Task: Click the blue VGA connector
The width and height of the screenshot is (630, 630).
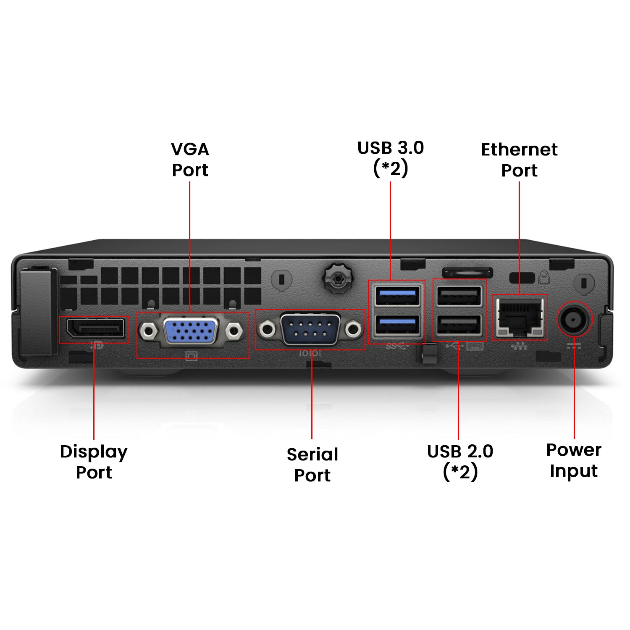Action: (191, 331)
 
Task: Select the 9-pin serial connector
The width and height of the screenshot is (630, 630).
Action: (310, 329)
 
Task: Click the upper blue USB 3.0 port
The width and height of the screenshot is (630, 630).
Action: (397, 296)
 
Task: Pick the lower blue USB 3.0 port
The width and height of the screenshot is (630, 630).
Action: (397, 325)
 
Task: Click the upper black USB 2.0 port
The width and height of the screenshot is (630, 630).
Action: (459, 296)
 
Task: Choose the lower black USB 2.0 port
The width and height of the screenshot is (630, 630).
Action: (459, 325)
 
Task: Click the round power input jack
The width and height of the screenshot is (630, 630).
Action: (574, 319)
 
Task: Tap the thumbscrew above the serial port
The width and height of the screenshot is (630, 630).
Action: (338, 278)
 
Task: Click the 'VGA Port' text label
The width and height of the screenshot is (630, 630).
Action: (190, 160)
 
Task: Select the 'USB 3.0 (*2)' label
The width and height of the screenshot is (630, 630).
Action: (391, 158)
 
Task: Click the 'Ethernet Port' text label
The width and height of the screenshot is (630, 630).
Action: (519, 160)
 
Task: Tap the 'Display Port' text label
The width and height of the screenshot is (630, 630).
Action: (94, 462)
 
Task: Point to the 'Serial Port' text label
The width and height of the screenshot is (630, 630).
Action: (312, 465)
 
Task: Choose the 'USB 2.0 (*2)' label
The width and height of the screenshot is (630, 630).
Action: (460, 461)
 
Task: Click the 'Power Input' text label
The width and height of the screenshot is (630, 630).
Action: (574, 460)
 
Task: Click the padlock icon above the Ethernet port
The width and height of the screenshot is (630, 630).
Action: (544, 278)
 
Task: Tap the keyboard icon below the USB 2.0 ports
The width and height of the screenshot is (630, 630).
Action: (475, 346)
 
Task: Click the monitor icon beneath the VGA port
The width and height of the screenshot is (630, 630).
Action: (191, 357)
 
